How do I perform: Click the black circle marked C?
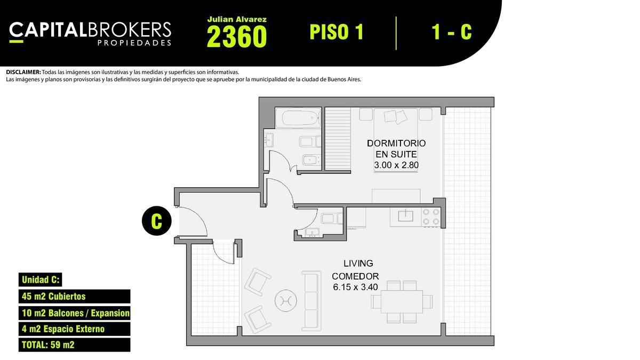click(x=157, y=221)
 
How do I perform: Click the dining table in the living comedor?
click(x=402, y=302)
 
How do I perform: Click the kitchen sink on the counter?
click(x=405, y=215)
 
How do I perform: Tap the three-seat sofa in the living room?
click(x=311, y=301)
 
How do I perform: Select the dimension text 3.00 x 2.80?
click(x=396, y=165)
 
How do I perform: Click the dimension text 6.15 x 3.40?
click(x=355, y=287)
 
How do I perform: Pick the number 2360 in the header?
click(x=237, y=36)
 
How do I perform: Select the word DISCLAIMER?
click(x=23, y=73)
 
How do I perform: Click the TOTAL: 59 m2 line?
click(x=48, y=345)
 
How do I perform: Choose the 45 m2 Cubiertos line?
click(x=54, y=297)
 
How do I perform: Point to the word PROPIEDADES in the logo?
click(x=134, y=43)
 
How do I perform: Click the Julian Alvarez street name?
click(x=237, y=19)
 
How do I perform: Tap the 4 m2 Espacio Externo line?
click(x=63, y=329)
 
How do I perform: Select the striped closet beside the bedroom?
click(x=338, y=139)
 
